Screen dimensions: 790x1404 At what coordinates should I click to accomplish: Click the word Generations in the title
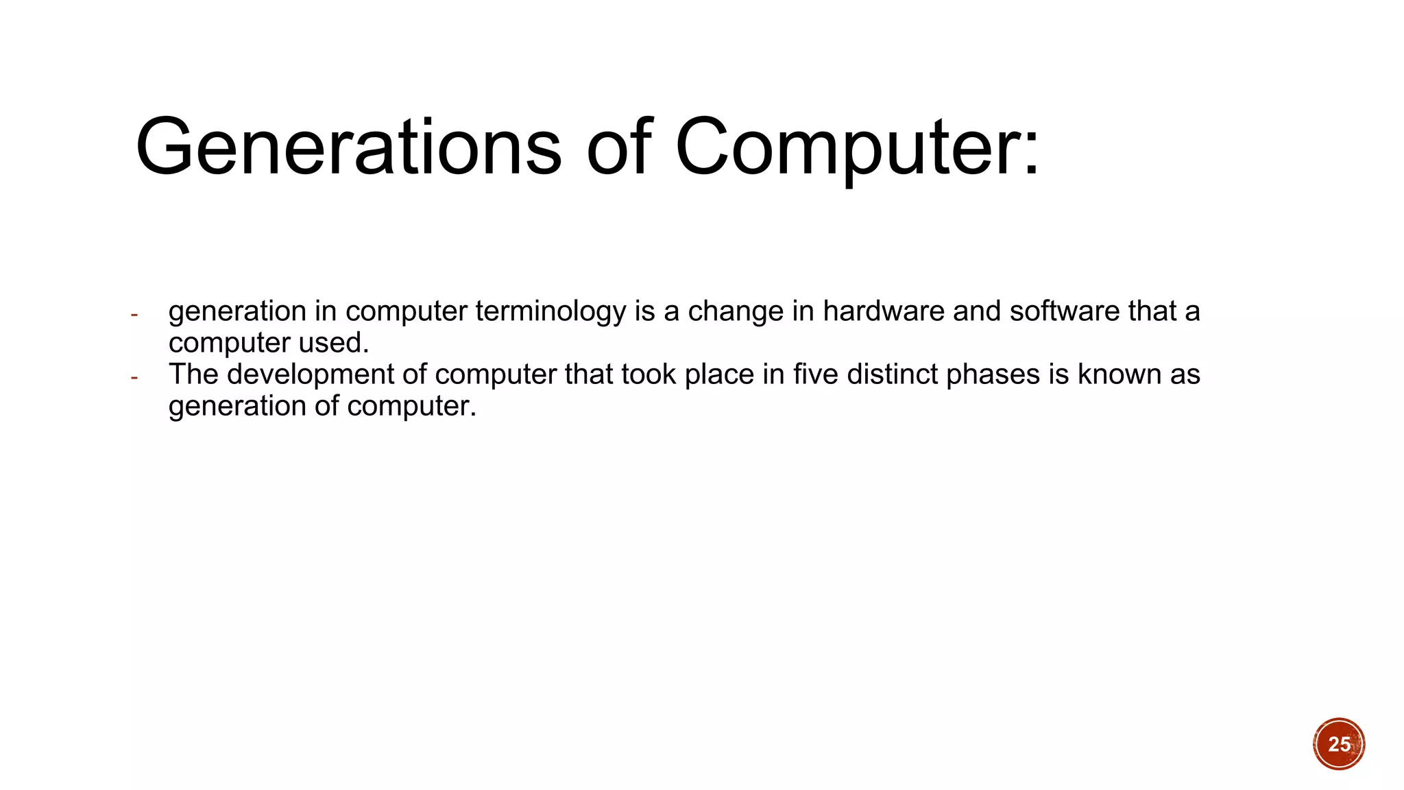[x=348, y=147]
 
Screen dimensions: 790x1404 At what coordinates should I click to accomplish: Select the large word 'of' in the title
[x=618, y=147]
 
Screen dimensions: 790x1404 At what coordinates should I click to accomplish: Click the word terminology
[x=550, y=312]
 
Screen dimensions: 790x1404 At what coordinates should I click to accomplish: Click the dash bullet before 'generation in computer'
[x=134, y=315]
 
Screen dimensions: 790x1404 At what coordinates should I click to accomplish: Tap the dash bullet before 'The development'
[x=134, y=378]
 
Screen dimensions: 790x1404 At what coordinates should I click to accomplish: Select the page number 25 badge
[x=1339, y=744]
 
